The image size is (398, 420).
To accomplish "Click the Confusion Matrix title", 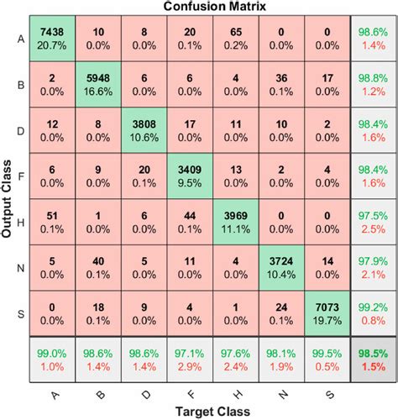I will pyautogui.click(x=215, y=7).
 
